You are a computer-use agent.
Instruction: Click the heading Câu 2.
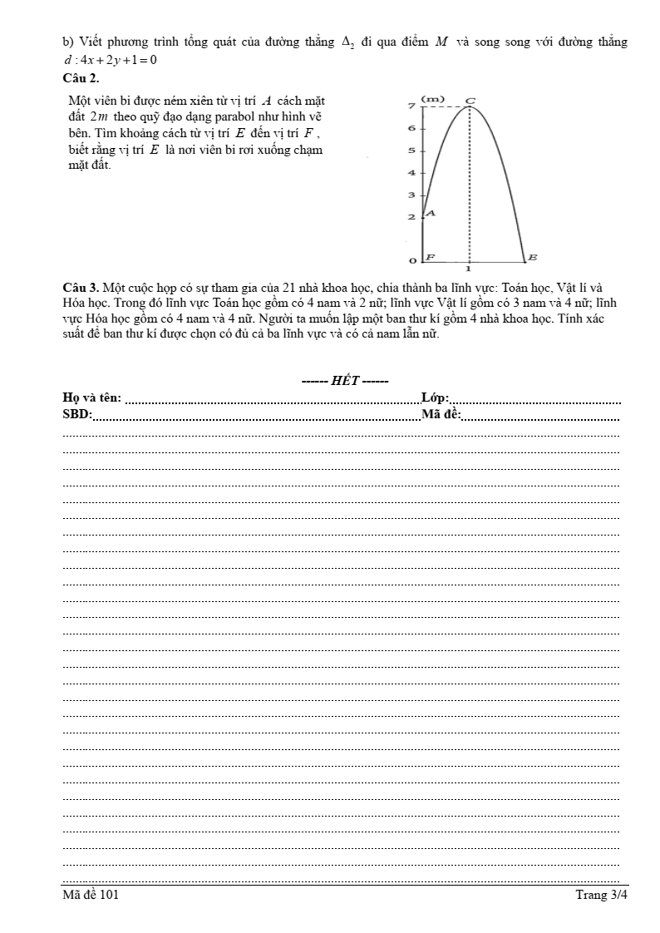(81, 78)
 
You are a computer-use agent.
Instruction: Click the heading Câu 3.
(81, 289)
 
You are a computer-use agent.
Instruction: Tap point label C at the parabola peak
(470, 101)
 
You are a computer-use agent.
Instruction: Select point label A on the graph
(431, 214)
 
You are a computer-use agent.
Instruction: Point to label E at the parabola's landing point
(533, 257)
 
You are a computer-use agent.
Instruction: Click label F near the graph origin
(431, 258)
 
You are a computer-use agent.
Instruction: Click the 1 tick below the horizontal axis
(469, 269)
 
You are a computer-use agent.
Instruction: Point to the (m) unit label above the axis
(432, 99)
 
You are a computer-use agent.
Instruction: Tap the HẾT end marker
(345, 381)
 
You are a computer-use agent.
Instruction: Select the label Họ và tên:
(91, 398)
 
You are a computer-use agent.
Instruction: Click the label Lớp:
(436, 398)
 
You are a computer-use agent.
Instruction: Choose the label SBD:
(77, 414)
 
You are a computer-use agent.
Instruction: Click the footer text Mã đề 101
(91, 895)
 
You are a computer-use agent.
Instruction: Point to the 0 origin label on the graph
(411, 262)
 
